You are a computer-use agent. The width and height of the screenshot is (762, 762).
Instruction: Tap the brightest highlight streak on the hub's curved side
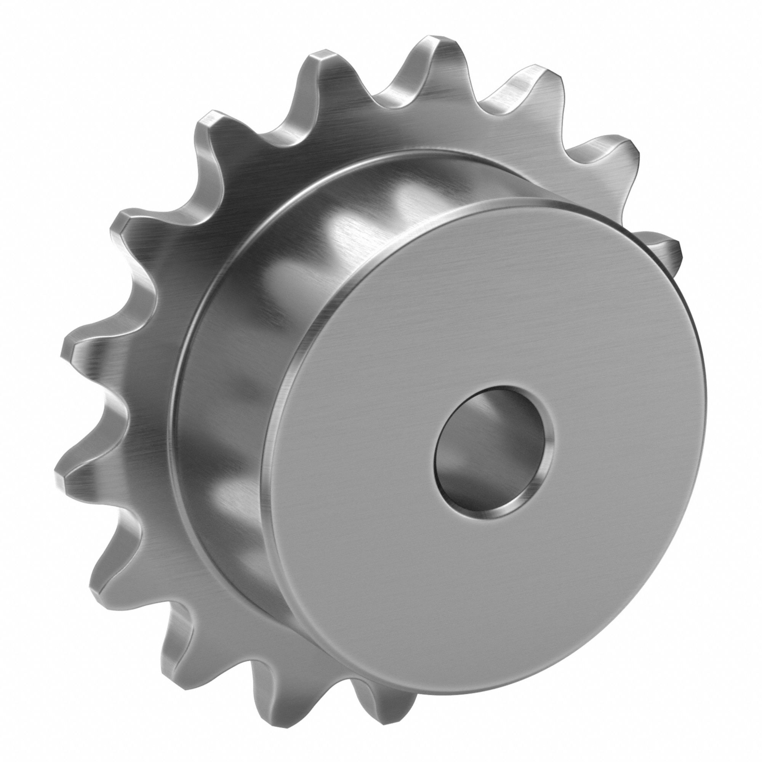click(343, 237)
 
